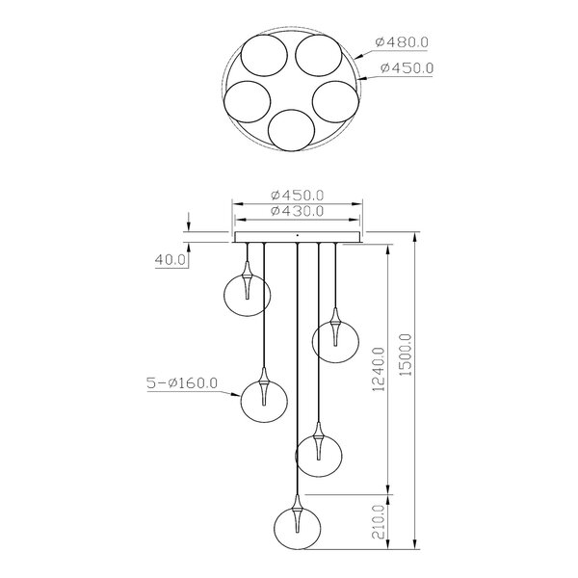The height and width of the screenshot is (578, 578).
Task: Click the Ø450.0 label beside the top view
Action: click(408, 68)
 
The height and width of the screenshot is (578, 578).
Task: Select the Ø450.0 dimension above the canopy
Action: click(297, 194)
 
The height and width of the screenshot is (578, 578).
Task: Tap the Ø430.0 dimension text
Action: click(297, 211)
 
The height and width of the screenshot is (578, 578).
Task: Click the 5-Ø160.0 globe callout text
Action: click(183, 383)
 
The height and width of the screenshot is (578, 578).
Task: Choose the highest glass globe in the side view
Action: click(245, 293)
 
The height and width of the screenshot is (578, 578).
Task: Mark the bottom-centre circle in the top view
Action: click(291, 130)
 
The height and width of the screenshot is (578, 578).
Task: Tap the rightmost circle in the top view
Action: click(334, 101)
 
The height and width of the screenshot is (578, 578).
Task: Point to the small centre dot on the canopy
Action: click(297, 234)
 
